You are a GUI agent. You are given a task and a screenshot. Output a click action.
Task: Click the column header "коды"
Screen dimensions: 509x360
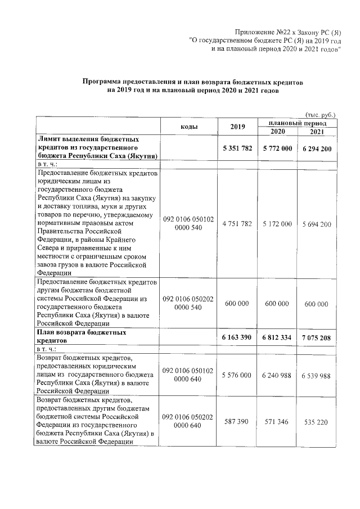[188, 126]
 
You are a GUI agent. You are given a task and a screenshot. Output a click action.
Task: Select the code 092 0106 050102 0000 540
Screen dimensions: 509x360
[188, 223]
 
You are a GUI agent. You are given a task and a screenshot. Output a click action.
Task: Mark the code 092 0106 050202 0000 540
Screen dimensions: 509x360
[188, 303]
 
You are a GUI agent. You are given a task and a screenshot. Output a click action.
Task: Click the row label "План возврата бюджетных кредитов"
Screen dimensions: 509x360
[81, 336]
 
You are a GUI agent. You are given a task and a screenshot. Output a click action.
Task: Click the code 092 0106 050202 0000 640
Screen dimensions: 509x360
[188, 421]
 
